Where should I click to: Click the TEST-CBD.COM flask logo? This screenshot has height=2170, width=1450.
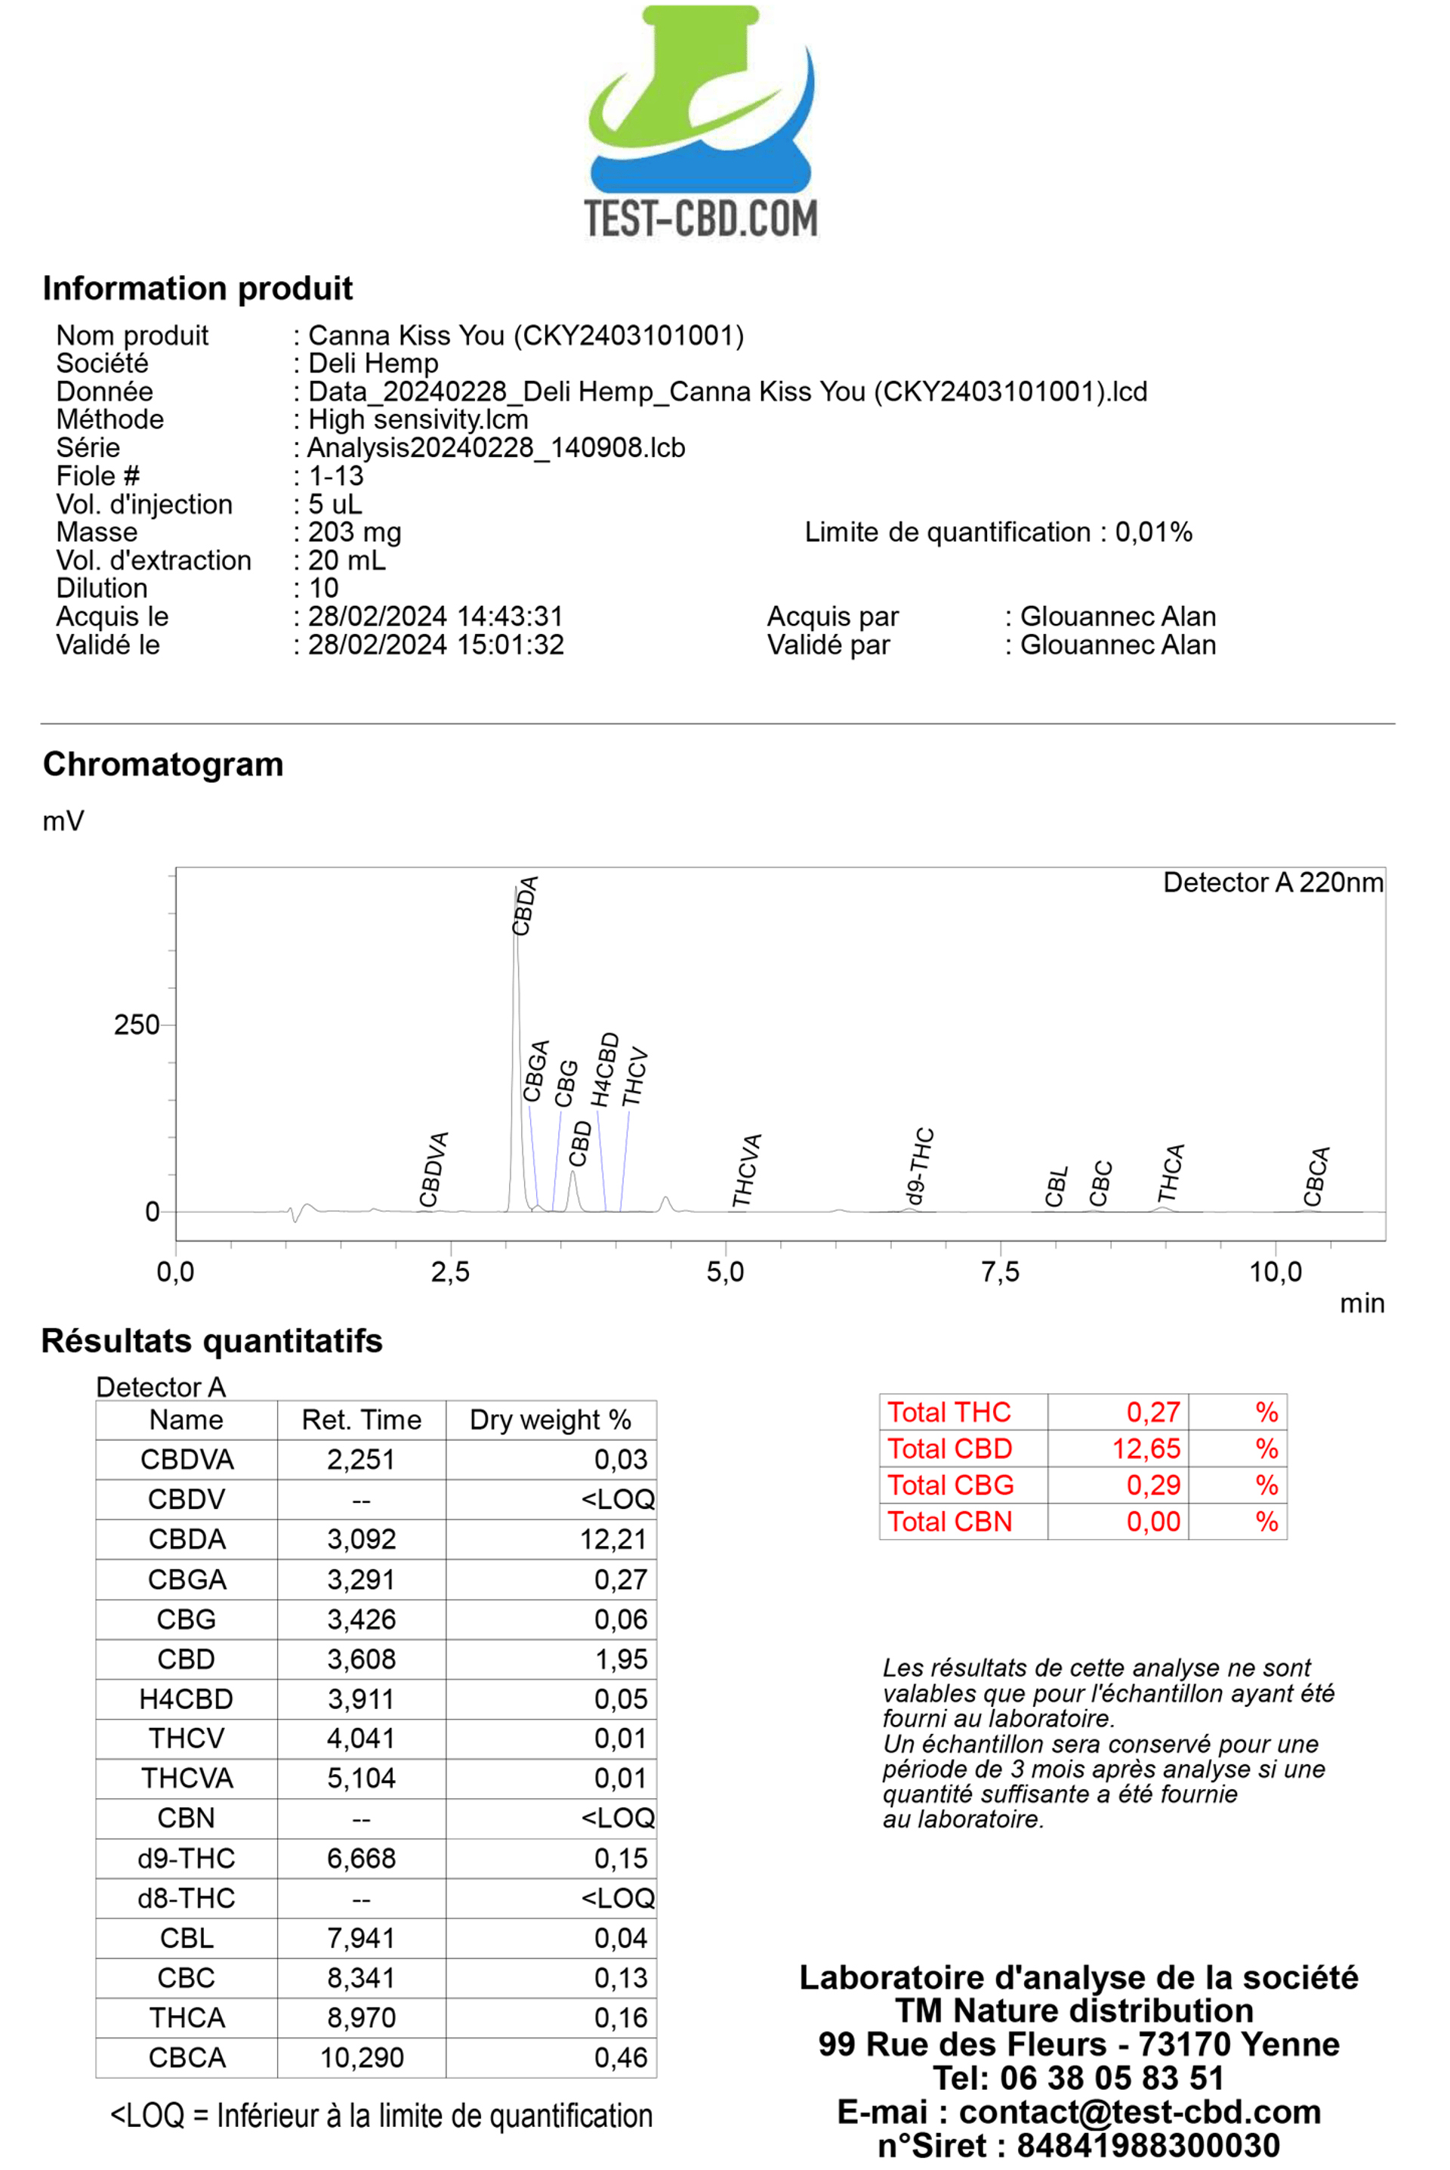[701, 120]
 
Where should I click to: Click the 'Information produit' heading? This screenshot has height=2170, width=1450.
[197, 289]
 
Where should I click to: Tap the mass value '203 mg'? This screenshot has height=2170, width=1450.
[354, 532]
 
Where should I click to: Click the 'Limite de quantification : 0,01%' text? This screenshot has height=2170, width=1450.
[998, 532]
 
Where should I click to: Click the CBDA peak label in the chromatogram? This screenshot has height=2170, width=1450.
[524, 907]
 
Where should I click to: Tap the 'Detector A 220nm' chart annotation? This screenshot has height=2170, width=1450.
[1273, 883]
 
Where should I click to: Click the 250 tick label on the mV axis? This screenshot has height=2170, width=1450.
[136, 1025]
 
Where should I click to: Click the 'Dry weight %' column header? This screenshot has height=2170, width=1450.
[551, 1420]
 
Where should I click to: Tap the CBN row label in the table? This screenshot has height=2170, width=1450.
[186, 1819]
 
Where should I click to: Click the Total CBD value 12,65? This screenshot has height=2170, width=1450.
[1146, 1448]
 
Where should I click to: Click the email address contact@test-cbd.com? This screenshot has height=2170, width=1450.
[1140, 2112]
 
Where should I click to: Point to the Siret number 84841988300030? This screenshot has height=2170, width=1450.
[1148, 2146]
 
